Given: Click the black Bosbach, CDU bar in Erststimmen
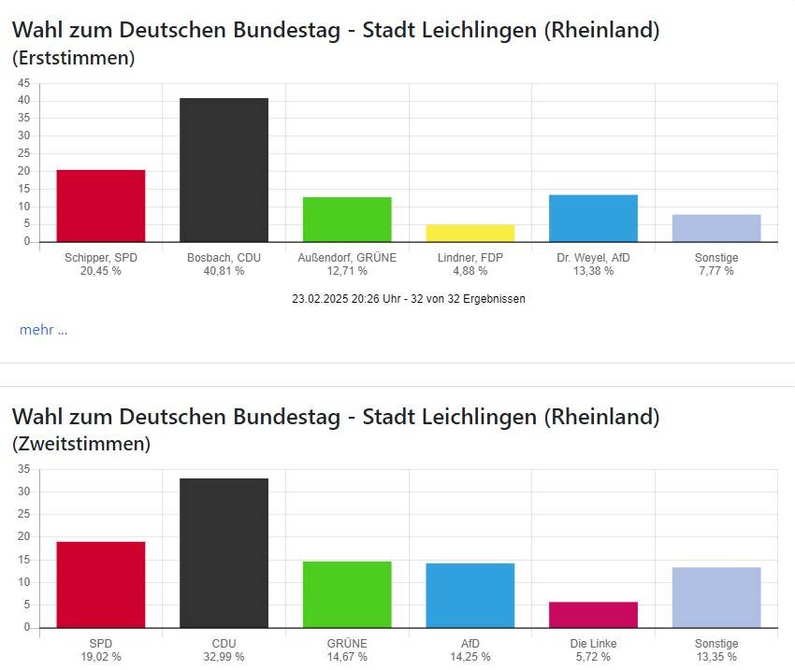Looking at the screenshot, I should pyautogui.click(x=224, y=170).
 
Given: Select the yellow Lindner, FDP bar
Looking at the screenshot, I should pyautogui.click(x=470, y=233).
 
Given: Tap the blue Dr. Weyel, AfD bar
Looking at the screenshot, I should pyautogui.click(x=593, y=219).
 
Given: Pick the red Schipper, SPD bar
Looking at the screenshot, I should pyautogui.click(x=101, y=206).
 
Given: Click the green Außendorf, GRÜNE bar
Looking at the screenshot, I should pyautogui.click(x=347, y=220).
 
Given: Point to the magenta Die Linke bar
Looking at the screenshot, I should pyautogui.click(x=593, y=615).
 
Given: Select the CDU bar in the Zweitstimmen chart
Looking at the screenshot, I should pyautogui.click(x=224, y=553).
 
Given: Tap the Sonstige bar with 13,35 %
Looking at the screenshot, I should pyautogui.click(x=715, y=597).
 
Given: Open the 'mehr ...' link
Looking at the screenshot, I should pyautogui.click(x=43, y=330).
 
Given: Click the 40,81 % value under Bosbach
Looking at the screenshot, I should pyautogui.click(x=224, y=271).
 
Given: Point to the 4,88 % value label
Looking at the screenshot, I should pyautogui.click(x=470, y=271).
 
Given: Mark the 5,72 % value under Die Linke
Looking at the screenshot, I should pyautogui.click(x=593, y=657).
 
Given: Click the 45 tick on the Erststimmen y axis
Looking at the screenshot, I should pyautogui.click(x=23, y=82).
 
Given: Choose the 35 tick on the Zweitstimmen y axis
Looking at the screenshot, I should pyautogui.click(x=23, y=469).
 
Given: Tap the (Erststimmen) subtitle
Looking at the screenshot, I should pyautogui.click(x=73, y=58).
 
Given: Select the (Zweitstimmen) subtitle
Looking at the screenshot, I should pyautogui.click(x=80, y=444).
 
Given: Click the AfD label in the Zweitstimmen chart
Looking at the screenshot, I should pyautogui.click(x=470, y=644).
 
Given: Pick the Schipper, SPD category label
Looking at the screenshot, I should pyautogui.click(x=101, y=258).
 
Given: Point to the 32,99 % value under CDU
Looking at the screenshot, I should pyautogui.click(x=224, y=657).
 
